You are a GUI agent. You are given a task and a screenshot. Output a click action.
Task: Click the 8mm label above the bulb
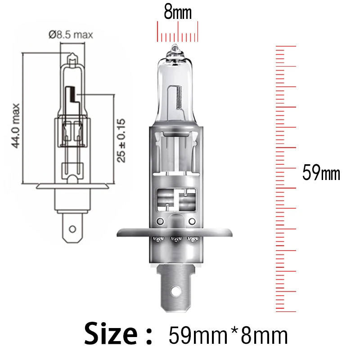coord(177,13)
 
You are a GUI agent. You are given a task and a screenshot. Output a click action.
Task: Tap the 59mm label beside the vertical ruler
coord(321,172)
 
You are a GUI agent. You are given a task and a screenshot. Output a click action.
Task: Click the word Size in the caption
coord(111,333)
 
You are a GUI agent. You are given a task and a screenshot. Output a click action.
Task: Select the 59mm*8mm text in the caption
coord(228,335)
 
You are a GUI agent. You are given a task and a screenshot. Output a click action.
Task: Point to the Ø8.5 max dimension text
coord(71,35)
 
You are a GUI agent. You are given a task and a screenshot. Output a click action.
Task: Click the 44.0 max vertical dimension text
coord(16,126)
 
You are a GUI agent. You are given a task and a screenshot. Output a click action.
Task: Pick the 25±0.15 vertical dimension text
coord(121,140)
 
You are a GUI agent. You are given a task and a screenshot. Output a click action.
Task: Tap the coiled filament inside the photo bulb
coord(179,98)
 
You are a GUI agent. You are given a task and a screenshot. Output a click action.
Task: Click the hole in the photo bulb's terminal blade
coord(175,291)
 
